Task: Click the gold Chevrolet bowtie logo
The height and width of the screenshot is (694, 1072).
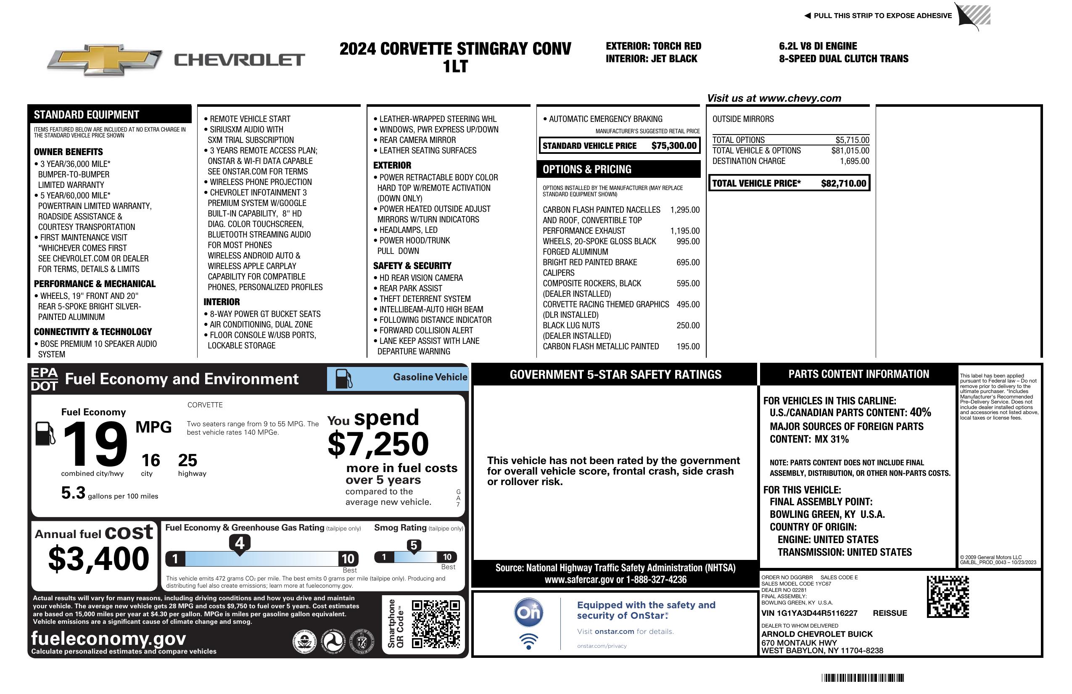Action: point(105,59)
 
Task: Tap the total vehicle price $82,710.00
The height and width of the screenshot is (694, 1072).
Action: point(843,183)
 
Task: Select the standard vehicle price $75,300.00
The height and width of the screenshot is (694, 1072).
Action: point(674,145)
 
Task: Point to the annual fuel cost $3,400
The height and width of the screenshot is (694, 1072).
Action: point(98,559)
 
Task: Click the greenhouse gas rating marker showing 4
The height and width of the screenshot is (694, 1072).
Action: point(240,543)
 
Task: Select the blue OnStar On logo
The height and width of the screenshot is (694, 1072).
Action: point(528,612)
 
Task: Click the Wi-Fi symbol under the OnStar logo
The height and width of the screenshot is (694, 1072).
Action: point(528,641)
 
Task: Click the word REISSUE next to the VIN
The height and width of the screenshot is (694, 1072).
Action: point(890,613)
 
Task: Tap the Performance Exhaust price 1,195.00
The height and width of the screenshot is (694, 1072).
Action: point(685,231)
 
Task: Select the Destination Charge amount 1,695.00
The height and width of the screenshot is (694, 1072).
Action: point(854,161)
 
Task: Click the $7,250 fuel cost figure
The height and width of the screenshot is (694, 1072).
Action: point(378,444)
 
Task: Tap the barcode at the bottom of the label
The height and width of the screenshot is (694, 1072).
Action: point(862,678)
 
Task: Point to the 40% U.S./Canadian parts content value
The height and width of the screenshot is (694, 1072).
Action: point(920,412)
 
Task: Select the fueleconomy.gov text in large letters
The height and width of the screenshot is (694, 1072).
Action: point(108,638)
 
